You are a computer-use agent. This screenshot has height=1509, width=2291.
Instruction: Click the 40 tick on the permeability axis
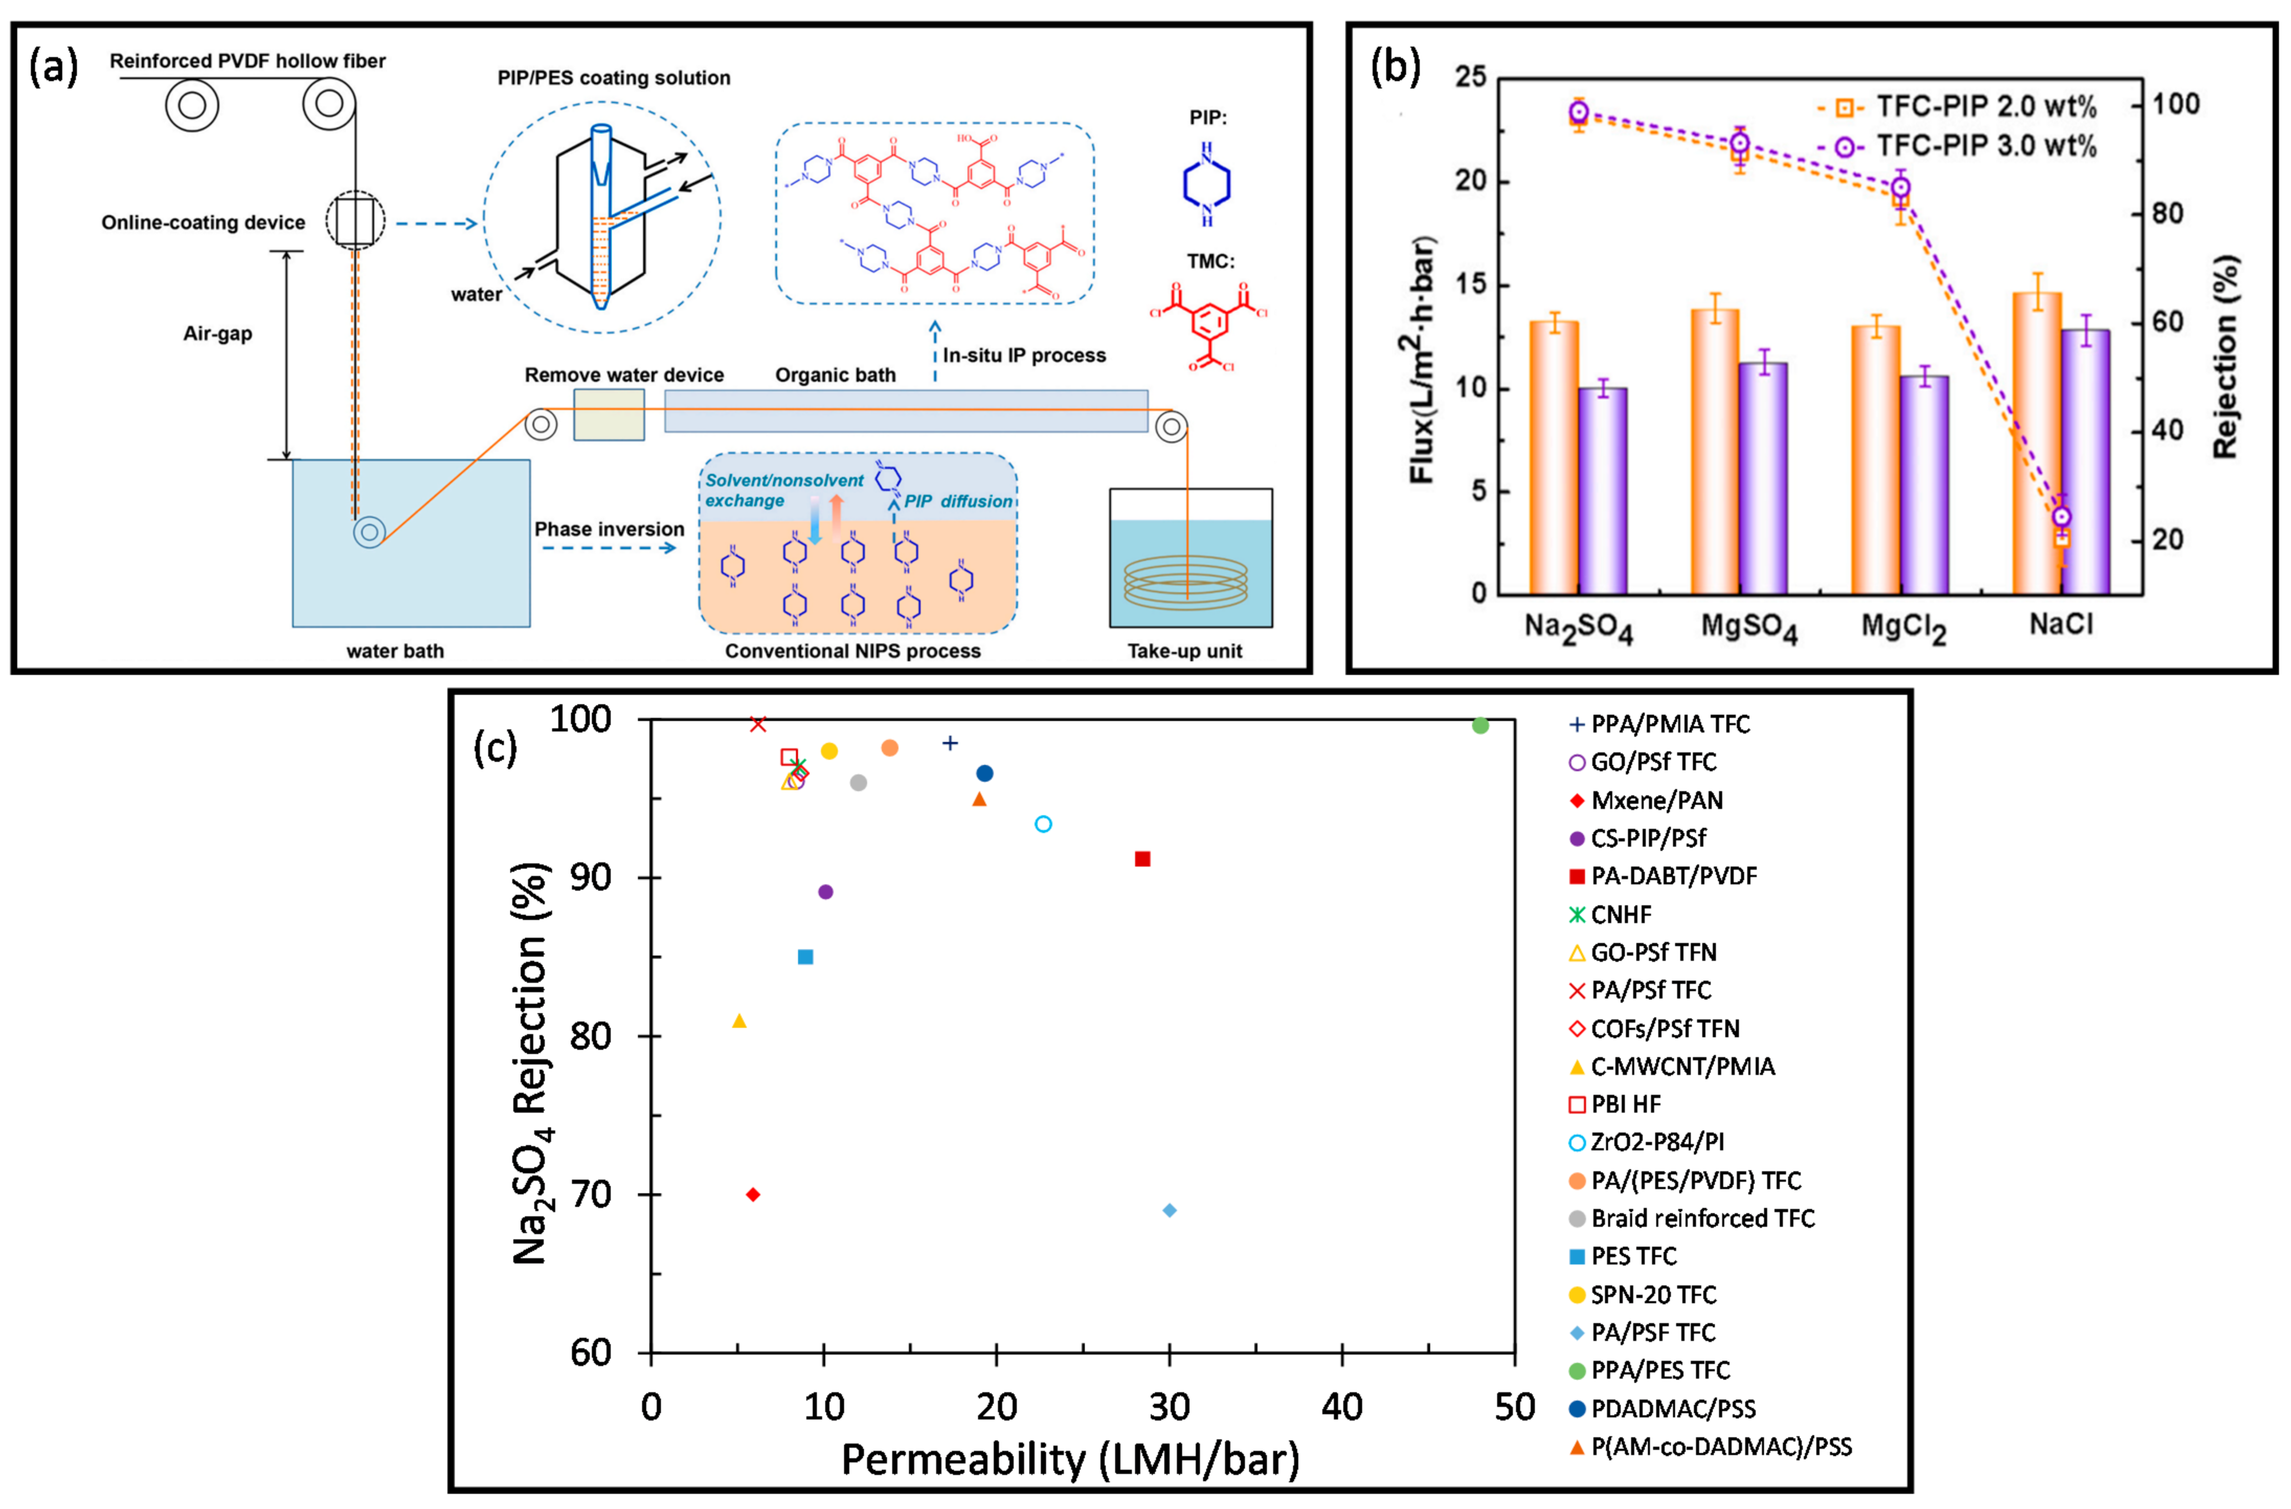tap(1342, 1408)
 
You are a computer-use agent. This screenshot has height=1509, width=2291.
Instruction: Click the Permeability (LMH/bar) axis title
tap(1071, 1460)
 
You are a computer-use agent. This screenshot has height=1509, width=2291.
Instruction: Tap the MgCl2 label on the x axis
tap(1903, 628)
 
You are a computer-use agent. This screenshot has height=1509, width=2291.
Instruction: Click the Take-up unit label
tap(1184, 651)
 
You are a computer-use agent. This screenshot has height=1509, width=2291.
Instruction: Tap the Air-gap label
tap(218, 334)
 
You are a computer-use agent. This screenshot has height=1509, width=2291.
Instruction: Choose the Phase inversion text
tap(609, 530)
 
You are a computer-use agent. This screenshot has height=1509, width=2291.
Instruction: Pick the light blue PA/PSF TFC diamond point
tap(1170, 1211)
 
